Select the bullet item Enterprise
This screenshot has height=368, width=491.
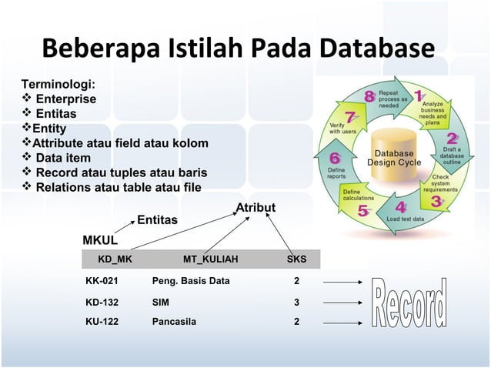pyautogui.click(x=65, y=99)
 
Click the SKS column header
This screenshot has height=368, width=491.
pyautogui.click(x=296, y=259)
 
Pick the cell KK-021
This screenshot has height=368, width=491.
pyautogui.click(x=102, y=281)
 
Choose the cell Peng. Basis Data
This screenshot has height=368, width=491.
pyautogui.click(x=191, y=281)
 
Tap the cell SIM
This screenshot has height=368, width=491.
pyautogui.click(x=161, y=303)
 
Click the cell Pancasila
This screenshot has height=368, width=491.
pyautogui.click(x=174, y=322)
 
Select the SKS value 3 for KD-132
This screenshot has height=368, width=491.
pyautogui.click(x=296, y=303)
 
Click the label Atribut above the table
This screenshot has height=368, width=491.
pyautogui.click(x=256, y=209)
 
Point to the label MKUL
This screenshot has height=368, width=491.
pyautogui.click(x=100, y=239)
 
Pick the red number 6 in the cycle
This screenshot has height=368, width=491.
pyautogui.click(x=335, y=158)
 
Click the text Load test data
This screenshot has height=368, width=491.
pyautogui.click(x=404, y=219)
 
